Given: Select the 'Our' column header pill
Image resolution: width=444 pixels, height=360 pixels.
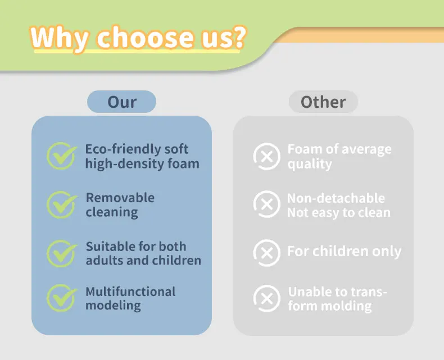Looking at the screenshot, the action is click(x=121, y=102).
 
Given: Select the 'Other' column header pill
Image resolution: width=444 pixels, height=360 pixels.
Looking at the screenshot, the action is click(x=323, y=102).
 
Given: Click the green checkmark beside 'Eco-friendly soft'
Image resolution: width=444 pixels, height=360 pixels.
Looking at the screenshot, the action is click(x=62, y=156).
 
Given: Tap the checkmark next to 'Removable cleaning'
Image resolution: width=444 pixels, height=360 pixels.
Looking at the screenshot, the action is click(x=62, y=204).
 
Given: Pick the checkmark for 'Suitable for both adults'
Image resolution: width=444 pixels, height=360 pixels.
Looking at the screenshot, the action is click(x=62, y=254).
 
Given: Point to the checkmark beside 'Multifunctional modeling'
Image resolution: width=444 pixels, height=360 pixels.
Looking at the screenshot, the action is click(x=62, y=298).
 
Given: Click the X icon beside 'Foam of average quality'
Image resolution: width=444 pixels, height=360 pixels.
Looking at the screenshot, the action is click(x=267, y=156).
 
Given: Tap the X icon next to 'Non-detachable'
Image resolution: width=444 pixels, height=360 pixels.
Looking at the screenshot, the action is click(x=267, y=204).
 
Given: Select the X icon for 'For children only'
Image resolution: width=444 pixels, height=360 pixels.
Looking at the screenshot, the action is click(x=267, y=253).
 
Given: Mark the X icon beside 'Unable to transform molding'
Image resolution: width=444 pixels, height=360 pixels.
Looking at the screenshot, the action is click(x=267, y=298).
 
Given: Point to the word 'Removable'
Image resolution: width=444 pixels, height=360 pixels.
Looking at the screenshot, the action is click(x=120, y=198).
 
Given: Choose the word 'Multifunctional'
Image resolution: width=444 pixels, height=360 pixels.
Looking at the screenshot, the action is click(x=130, y=291).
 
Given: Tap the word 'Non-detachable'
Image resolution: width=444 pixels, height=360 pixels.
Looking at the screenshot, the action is click(x=336, y=198).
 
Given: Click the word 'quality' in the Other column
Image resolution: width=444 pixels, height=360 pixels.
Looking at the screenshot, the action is click(x=310, y=164).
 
